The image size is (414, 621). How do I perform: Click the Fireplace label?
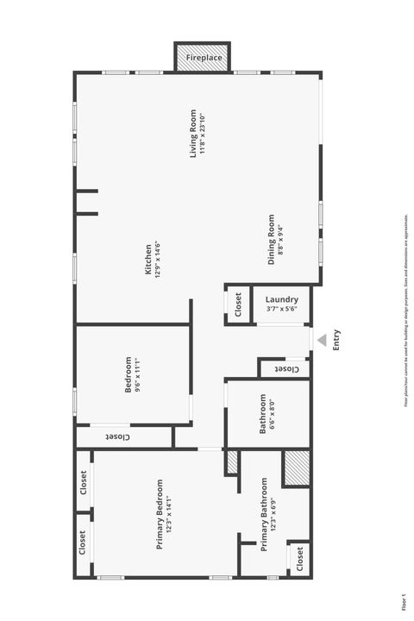coord(204,58)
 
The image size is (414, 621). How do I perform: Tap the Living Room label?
coord(194,134)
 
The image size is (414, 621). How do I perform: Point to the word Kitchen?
coord(148,260)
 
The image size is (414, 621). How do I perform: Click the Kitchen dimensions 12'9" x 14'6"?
coord(158,260)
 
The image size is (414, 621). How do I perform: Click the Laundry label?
coord(282,299)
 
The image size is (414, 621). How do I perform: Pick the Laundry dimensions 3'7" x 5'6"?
coord(282,309)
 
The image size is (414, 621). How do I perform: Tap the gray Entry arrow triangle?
coord(321,341)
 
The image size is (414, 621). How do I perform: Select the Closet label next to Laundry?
coord(238,305)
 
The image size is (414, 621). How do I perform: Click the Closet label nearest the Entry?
coord(285,369)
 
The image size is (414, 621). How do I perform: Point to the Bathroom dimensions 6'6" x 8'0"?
coord(272,414)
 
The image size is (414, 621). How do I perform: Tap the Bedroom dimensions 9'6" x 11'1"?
coord(137,375)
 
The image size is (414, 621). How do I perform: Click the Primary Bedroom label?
coord(160,515)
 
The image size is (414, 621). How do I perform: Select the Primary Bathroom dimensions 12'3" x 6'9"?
coord(273,515)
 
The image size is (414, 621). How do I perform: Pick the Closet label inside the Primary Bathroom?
coord(298,560)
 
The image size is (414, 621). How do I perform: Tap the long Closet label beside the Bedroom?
coord(120,437)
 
